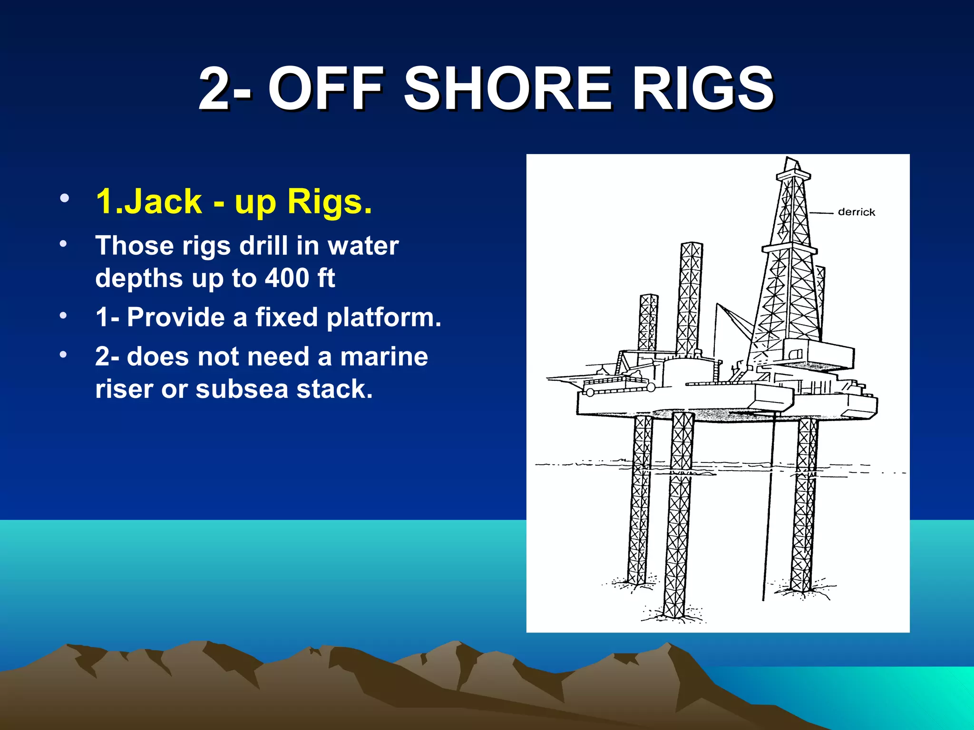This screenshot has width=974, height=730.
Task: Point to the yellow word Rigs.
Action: pos(329,202)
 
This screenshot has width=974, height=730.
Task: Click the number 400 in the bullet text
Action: pos(287,278)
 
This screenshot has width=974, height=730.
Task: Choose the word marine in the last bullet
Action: pos(384,356)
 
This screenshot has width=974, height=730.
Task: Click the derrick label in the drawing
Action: pos(856,212)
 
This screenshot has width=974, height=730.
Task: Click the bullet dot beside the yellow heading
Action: pos(65,198)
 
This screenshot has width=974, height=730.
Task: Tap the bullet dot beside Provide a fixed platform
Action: pos(63,316)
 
